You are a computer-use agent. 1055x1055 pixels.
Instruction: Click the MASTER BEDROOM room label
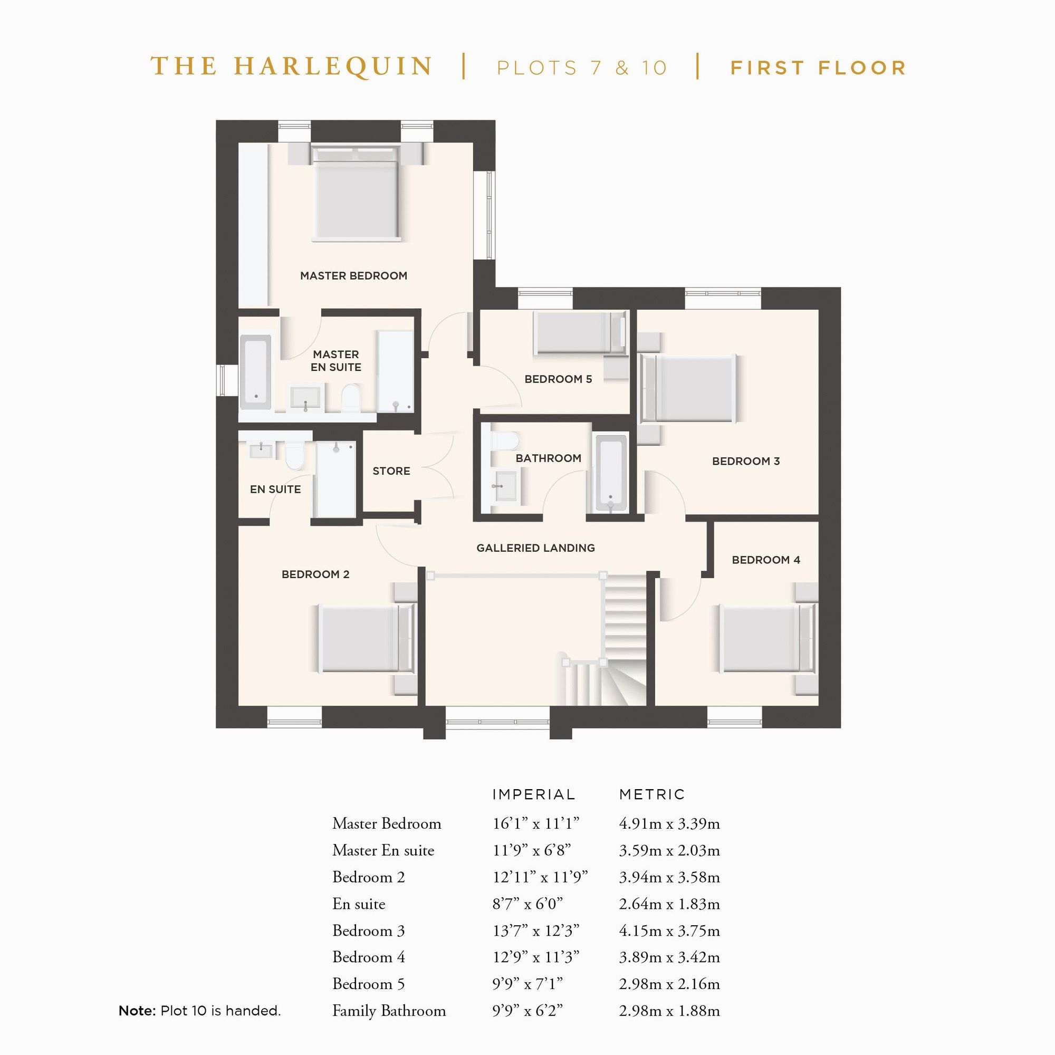(x=353, y=276)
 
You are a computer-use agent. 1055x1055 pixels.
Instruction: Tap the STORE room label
(x=391, y=471)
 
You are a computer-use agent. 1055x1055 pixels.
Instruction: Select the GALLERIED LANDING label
(x=535, y=548)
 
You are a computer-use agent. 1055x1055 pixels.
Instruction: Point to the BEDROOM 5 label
(x=558, y=379)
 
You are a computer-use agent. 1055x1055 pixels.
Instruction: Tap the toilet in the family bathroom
(x=505, y=441)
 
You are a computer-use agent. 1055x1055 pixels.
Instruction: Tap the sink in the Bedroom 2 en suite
(x=261, y=450)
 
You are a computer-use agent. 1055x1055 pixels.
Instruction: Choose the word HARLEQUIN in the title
(x=333, y=66)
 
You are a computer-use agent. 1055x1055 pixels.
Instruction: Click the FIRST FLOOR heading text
(x=818, y=68)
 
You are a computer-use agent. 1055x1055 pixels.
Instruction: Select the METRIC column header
(x=651, y=794)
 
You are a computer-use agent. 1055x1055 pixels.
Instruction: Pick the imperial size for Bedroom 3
(x=535, y=931)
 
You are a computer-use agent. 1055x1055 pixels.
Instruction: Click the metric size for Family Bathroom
(x=669, y=1011)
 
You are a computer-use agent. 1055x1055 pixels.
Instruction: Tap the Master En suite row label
(x=383, y=850)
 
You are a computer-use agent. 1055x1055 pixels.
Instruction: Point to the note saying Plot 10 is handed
(x=199, y=1011)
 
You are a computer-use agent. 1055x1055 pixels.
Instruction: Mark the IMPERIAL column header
(x=533, y=794)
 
